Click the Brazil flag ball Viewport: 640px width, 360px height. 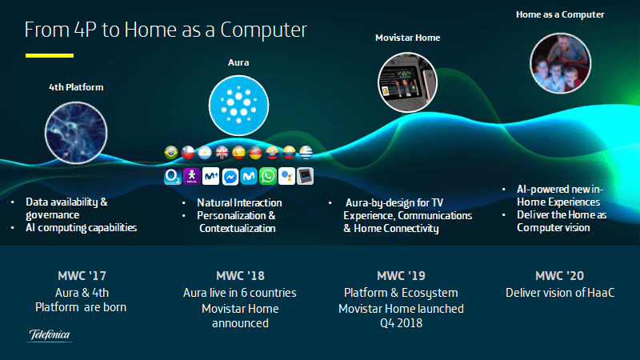click(171, 153)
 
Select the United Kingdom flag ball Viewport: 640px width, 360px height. click(222, 153)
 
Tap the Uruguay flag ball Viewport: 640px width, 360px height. click(306, 153)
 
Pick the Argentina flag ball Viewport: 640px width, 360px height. click(205, 153)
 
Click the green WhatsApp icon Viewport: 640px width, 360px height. click(268, 176)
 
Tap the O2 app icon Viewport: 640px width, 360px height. click(173, 176)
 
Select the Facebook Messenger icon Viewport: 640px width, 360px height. click(230, 177)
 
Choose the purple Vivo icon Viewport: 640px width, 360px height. click(192, 176)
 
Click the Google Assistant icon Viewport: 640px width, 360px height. click(286, 176)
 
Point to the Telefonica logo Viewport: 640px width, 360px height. click(50, 335)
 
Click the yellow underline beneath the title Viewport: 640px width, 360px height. click(50, 55)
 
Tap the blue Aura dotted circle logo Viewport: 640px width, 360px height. click(238, 106)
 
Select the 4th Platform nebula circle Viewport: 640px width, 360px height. click(76, 133)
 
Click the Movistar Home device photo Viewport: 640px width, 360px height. click(407, 82)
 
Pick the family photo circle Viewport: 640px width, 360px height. click(561, 63)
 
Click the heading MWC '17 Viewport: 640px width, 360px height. click(82, 276)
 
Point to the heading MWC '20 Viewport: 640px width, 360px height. click(559, 276)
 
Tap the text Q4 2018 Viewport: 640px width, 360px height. click(402, 323)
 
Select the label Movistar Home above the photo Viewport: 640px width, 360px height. click(408, 38)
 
